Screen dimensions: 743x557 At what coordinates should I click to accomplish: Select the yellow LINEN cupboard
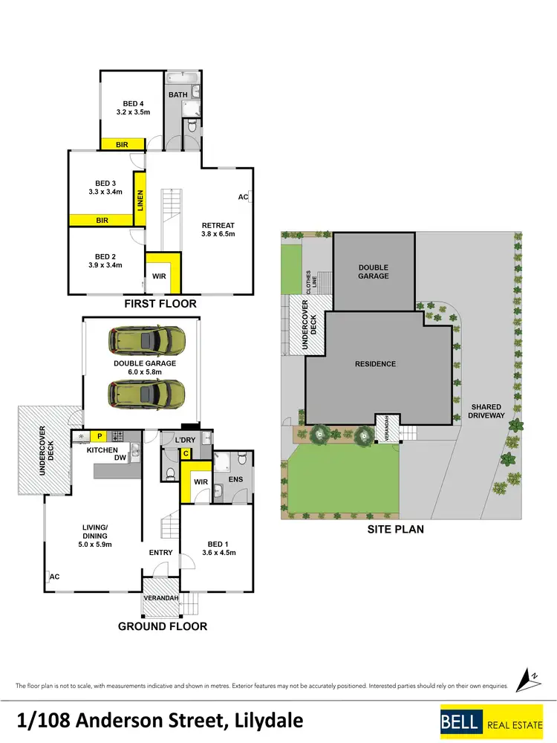click(x=139, y=201)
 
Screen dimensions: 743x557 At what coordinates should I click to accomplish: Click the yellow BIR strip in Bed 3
click(x=102, y=221)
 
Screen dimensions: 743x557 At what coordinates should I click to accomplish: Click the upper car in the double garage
click(x=147, y=341)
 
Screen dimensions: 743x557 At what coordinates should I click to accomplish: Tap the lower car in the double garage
click(x=147, y=391)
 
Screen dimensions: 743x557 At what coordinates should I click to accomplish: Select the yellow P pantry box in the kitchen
click(x=98, y=436)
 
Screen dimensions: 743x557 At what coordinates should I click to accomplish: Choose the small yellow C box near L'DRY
click(x=185, y=455)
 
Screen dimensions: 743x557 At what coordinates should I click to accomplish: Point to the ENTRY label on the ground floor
click(x=160, y=552)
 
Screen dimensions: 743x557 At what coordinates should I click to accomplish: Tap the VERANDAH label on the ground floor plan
click(x=161, y=599)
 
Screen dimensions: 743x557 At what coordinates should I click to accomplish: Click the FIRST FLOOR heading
click(x=160, y=303)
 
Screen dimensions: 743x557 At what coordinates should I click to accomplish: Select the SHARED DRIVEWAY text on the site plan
click(x=487, y=411)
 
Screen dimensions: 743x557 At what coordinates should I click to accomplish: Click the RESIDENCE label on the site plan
click(x=375, y=364)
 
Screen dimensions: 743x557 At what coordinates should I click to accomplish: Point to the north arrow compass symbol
click(x=532, y=678)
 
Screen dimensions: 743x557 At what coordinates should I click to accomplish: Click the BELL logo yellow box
click(x=461, y=721)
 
